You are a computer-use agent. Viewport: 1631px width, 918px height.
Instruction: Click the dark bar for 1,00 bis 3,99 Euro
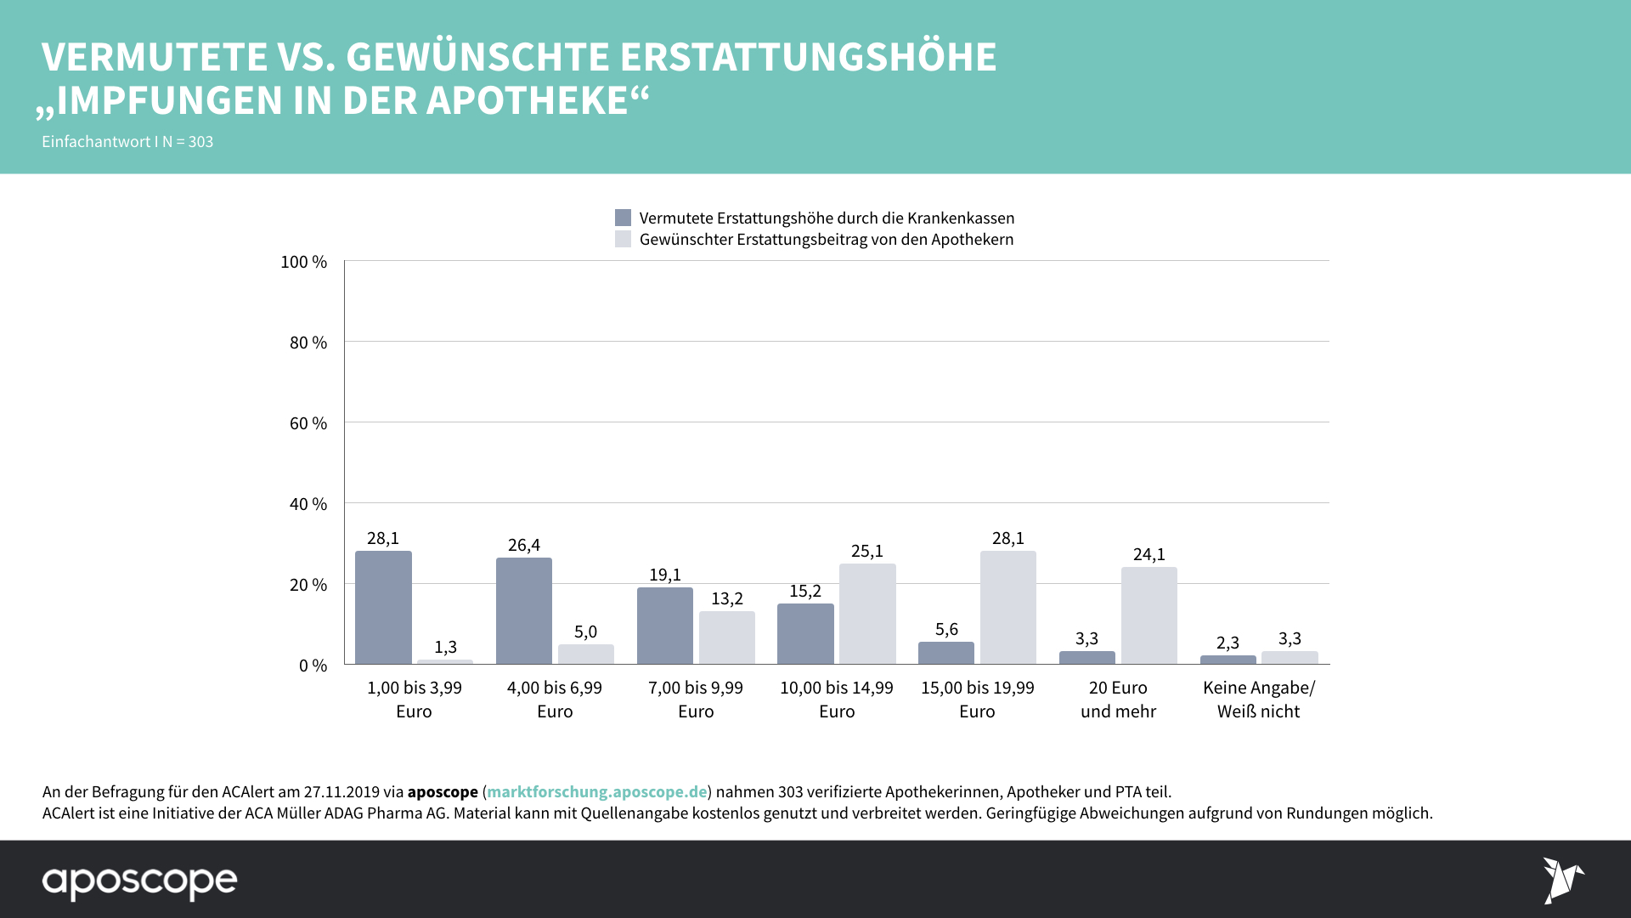coord(383,608)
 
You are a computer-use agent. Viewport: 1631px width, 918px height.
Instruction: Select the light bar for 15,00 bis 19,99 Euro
coord(1007,608)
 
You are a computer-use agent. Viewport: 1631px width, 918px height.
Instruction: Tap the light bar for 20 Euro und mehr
coord(1148,615)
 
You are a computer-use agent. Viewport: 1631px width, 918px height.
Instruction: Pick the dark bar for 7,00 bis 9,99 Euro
coord(664,626)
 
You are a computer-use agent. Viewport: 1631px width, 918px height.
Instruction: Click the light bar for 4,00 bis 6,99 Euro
coord(585,654)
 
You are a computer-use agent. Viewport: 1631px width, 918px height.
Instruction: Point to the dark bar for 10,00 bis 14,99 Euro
coord(805,633)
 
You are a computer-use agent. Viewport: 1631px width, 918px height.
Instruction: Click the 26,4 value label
coord(524,545)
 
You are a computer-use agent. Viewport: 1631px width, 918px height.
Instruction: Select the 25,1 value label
coord(867,551)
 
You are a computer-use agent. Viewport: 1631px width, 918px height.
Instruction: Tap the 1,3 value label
coord(445,647)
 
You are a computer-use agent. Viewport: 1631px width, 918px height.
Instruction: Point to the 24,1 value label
coord(1148,554)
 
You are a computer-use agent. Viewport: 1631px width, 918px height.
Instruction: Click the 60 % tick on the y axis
coord(308,423)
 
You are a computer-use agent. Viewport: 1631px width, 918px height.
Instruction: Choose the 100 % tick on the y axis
coord(303,262)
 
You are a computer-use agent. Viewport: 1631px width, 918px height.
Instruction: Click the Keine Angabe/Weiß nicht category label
coord(1258,700)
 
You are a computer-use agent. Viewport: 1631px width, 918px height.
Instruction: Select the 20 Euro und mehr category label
coord(1118,700)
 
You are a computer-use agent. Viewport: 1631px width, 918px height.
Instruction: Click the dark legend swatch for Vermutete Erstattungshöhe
coord(623,218)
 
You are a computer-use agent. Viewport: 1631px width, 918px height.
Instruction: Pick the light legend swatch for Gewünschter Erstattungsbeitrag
coord(623,239)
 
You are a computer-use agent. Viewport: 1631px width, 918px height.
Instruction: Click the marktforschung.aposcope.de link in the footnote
coord(596,791)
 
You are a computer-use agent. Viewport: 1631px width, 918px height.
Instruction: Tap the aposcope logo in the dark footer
coord(140,881)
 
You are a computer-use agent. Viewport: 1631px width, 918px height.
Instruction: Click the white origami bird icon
coord(1562,880)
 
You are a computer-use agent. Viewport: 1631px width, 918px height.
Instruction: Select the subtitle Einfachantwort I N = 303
coord(127,142)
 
